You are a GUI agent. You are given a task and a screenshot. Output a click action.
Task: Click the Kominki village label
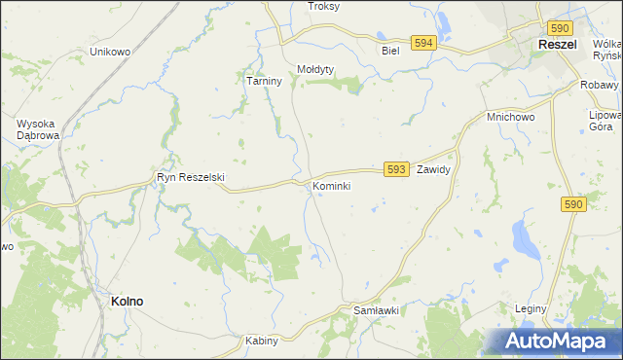(331, 185)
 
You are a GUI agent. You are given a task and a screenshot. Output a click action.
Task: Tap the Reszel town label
(559, 45)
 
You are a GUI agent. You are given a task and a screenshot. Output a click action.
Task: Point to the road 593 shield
(395, 169)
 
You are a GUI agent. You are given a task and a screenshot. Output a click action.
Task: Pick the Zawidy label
(432, 169)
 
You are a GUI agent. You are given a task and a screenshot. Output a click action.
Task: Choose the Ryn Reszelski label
(191, 177)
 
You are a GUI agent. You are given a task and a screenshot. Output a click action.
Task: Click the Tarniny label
(263, 82)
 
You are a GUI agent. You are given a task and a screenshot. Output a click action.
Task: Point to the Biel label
(391, 51)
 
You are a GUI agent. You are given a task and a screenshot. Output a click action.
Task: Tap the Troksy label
(323, 6)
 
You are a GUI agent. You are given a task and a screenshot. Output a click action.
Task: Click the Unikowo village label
(109, 51)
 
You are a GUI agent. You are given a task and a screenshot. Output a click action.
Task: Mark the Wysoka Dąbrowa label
(41, 129)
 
